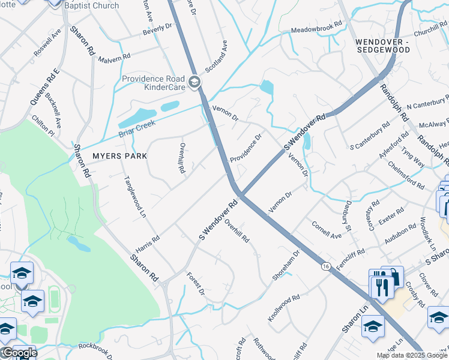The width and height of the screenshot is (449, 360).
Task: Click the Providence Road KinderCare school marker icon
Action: click(194, 82)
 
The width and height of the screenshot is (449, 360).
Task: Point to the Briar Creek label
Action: click(138, 127)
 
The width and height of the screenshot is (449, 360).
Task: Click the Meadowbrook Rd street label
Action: click(316, 27)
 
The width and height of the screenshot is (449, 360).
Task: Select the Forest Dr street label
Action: click(196, 283)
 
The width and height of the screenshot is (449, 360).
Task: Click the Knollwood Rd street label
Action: click(283, 307)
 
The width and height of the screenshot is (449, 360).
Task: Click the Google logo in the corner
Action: click(19, 353)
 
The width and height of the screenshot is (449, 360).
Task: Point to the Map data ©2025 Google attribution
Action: click(412, 355)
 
